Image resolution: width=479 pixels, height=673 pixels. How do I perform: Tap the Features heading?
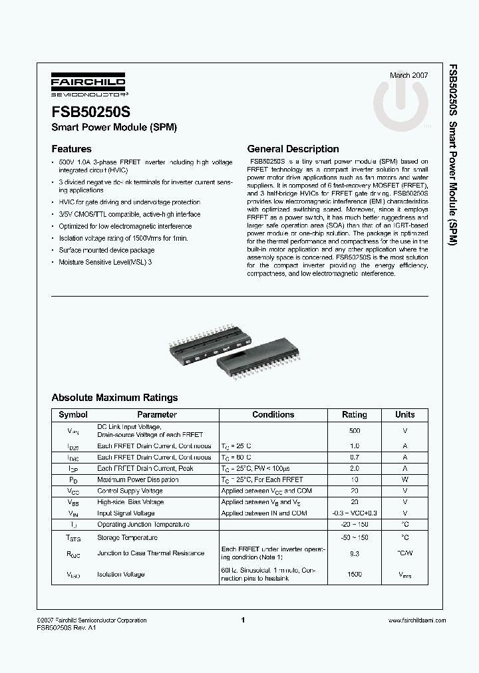(x=71, y=149)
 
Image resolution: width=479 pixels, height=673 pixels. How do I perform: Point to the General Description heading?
(x=293, y=149)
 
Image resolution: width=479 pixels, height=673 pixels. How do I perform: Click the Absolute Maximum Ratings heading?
(x=114, y=398)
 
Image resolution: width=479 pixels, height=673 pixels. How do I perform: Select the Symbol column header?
(x=73, y=415)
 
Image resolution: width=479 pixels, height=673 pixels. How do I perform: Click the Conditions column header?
(x=273, y=415)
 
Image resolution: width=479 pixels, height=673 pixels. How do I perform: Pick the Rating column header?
(x=354, y=415)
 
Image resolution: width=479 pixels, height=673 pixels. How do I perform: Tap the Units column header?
(x=404, y=415)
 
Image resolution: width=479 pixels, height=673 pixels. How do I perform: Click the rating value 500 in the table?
(x=354, y=431)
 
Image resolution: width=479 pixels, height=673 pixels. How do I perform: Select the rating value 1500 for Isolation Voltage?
(x=354, y=574)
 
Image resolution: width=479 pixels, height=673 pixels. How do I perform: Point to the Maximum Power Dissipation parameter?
(x=138, y=479)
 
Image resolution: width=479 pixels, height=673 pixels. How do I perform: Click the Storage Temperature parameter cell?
(x=127, y=537)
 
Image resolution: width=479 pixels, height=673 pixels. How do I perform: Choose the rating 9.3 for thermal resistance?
(x=354, y=553)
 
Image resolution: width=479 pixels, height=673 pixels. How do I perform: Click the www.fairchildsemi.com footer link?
(x=416, y=620)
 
